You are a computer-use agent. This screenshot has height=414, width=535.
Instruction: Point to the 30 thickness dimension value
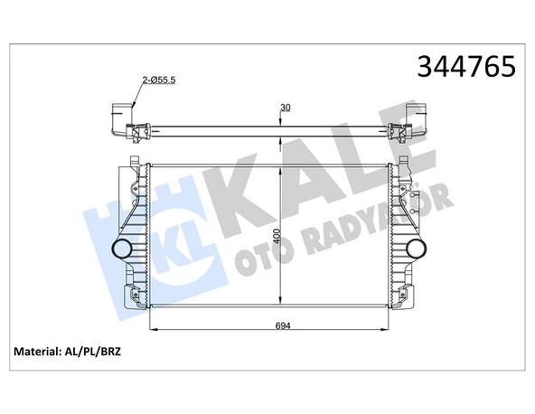(x=286, y=108)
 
